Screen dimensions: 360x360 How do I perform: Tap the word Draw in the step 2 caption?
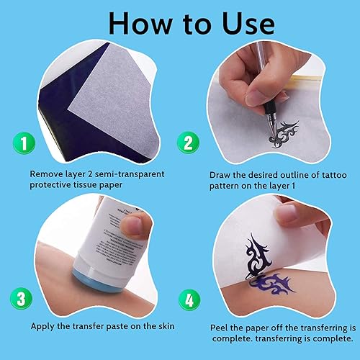[221, 174]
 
